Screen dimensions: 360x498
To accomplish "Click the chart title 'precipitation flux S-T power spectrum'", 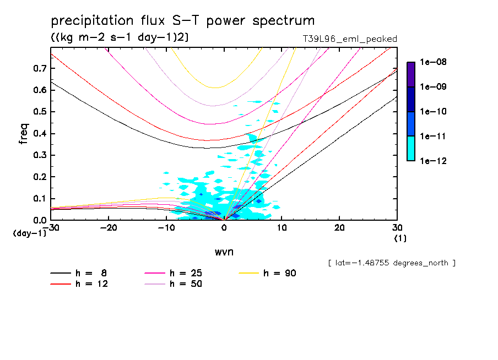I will [x=182, y=21].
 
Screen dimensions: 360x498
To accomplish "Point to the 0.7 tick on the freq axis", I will [x=39, y=68].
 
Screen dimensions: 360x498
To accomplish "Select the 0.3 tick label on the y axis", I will [x=39, y=155].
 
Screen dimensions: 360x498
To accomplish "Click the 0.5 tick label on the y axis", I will [x=39, y=112].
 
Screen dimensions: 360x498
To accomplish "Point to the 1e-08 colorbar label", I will [x=434, y=62].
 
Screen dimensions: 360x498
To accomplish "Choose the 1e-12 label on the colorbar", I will [x=434, y=161].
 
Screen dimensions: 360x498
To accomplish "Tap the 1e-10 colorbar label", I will [x=434, y=112].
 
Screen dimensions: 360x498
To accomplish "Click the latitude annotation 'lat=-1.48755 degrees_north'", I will [x=392, y=263].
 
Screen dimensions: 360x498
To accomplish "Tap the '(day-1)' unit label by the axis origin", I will [x=29, y=233].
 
